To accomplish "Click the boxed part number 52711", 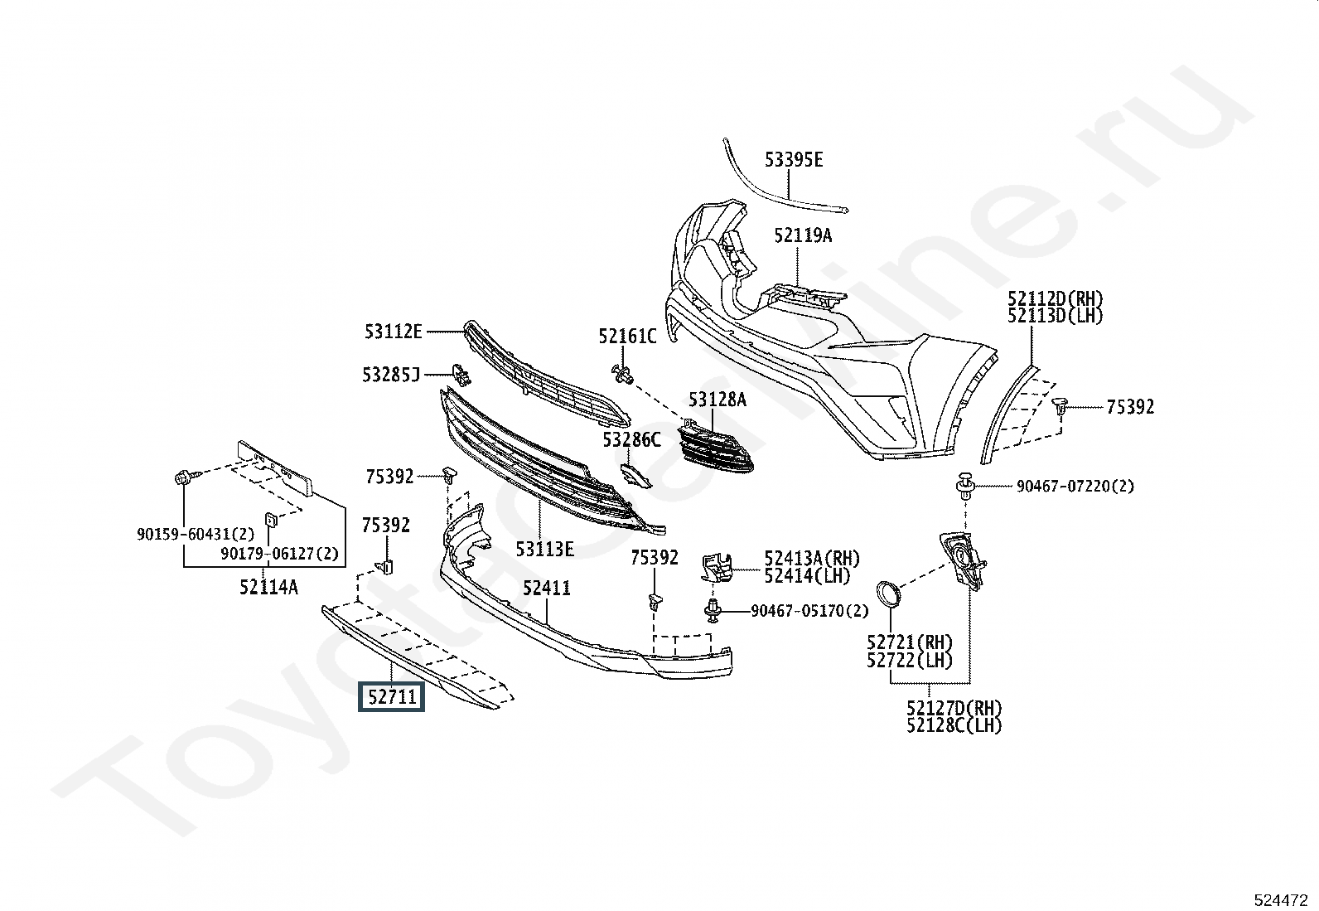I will tap(391, 697).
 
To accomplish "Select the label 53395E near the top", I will tap(793, 160).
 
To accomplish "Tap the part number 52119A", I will tap(803, 236).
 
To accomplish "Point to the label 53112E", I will tap(393, 332).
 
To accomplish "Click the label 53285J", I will tap(390, 376).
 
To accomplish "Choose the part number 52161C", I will tap(627, 337).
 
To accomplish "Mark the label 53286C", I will tap(631, 440).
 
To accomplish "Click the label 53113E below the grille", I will tap(544, 549).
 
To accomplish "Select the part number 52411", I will tap(546, 589).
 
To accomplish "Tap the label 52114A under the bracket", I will tap(268, 588).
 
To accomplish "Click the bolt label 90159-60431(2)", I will tap(196, 535).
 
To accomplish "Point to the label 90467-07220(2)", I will tap(1075, 487).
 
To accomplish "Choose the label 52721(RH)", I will tap(910, 642).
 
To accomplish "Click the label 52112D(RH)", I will tap(1056, 299).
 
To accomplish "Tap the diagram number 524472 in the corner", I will tap(1280, 899).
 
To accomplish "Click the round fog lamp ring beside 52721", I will tap(889, 595).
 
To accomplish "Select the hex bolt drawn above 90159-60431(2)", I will tap(183, 478).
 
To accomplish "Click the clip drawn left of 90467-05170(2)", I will tap(712, 612).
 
